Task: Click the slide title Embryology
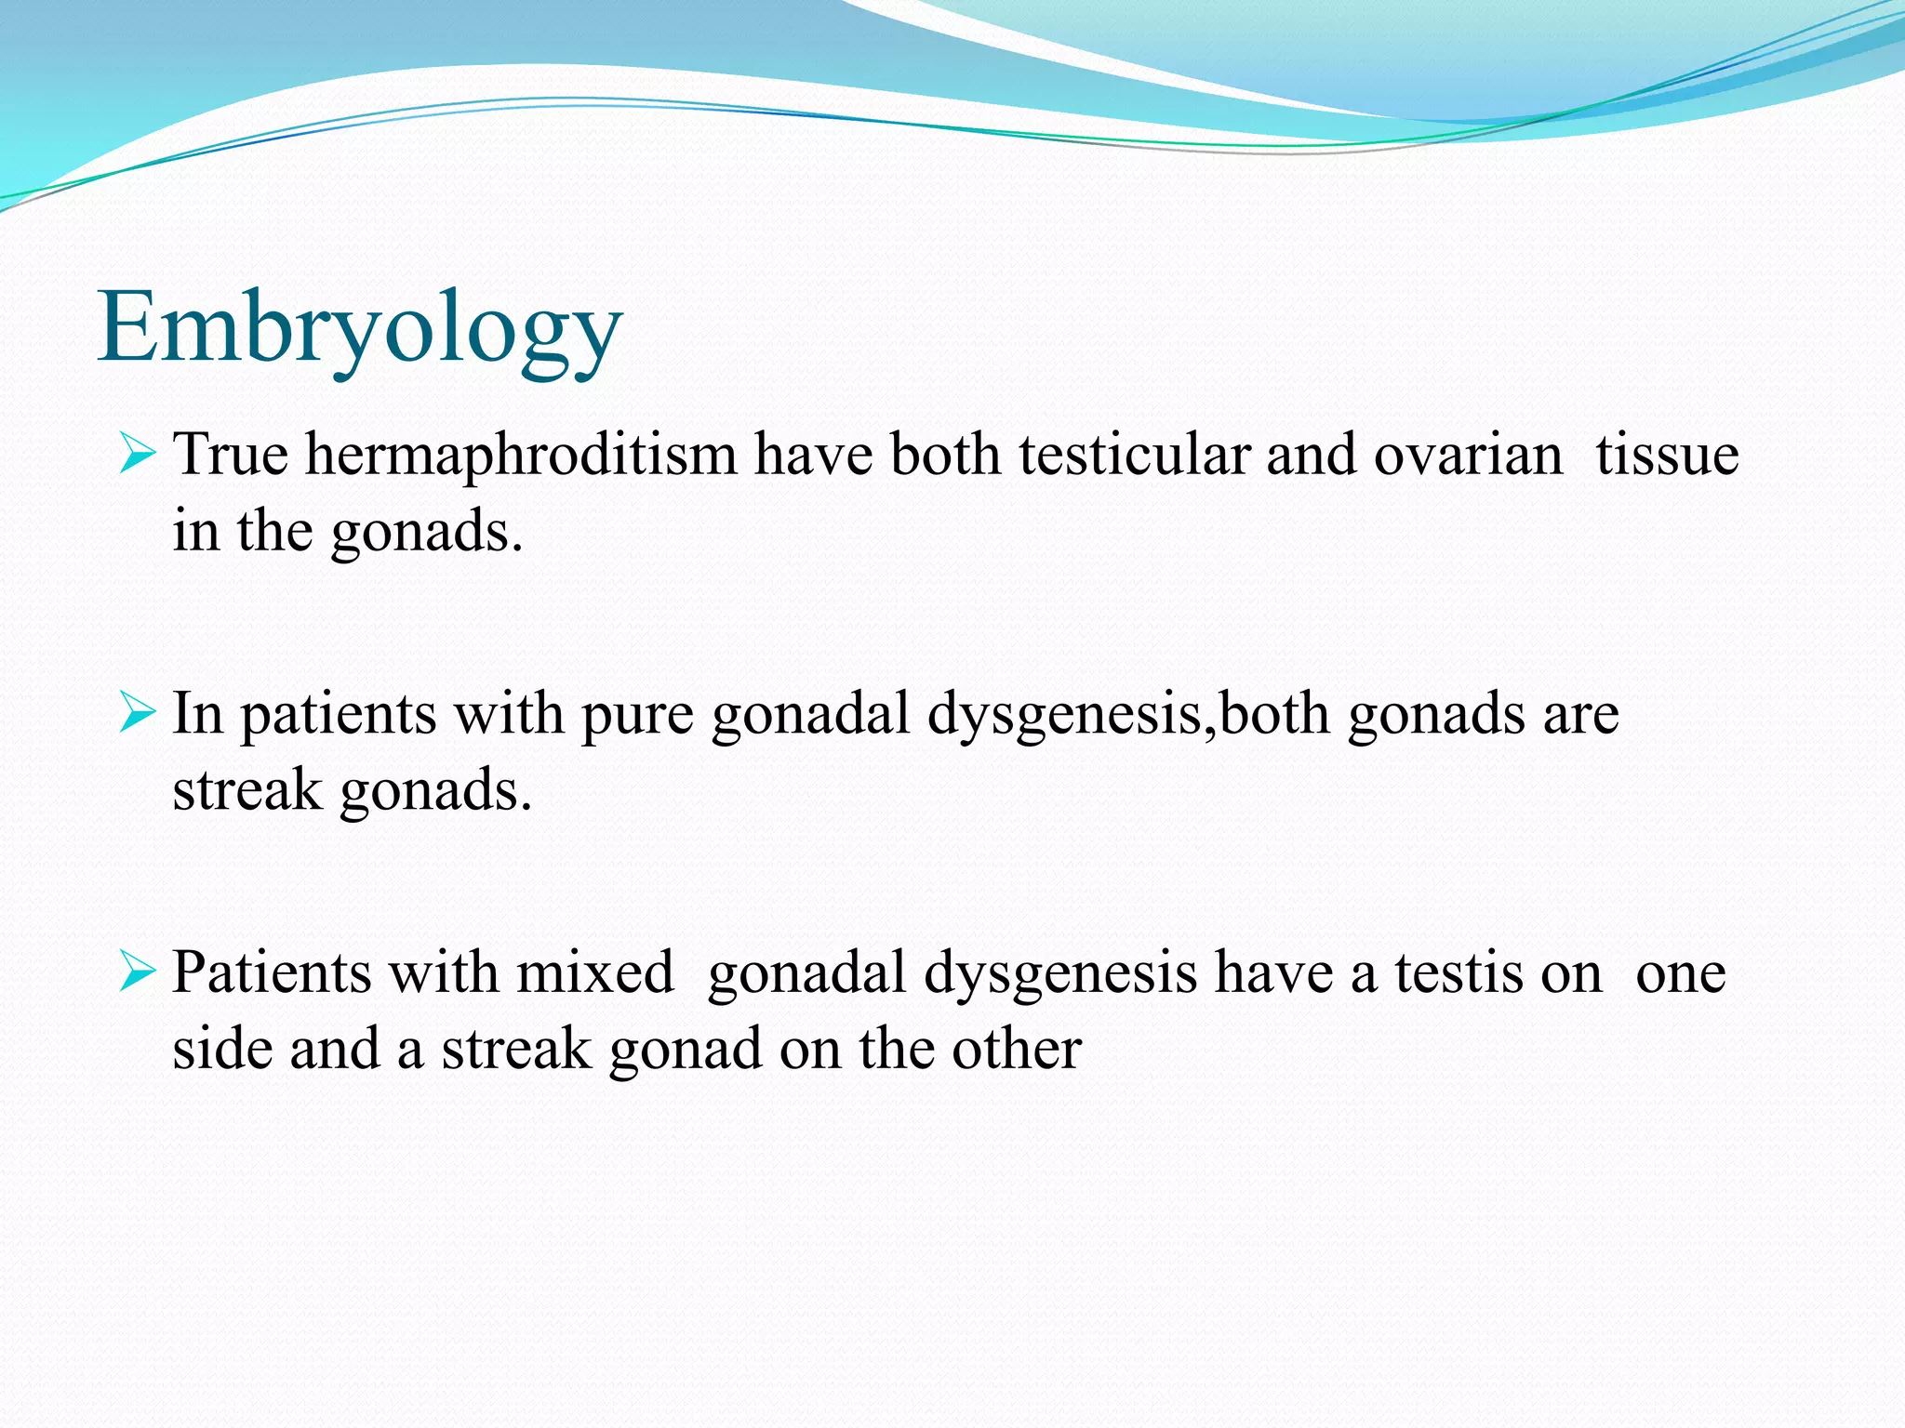click(x=360, y=327)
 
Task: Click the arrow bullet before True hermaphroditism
click(x=137, y=456)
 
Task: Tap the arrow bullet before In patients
click(x=137, y=715)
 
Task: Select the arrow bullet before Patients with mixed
click(x=137, y=973)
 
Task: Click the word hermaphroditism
click(x=521, y=456)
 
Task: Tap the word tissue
click(x=1667, y=456)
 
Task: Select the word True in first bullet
click(x=231, y=456)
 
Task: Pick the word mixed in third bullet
click(x=595, y=973)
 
